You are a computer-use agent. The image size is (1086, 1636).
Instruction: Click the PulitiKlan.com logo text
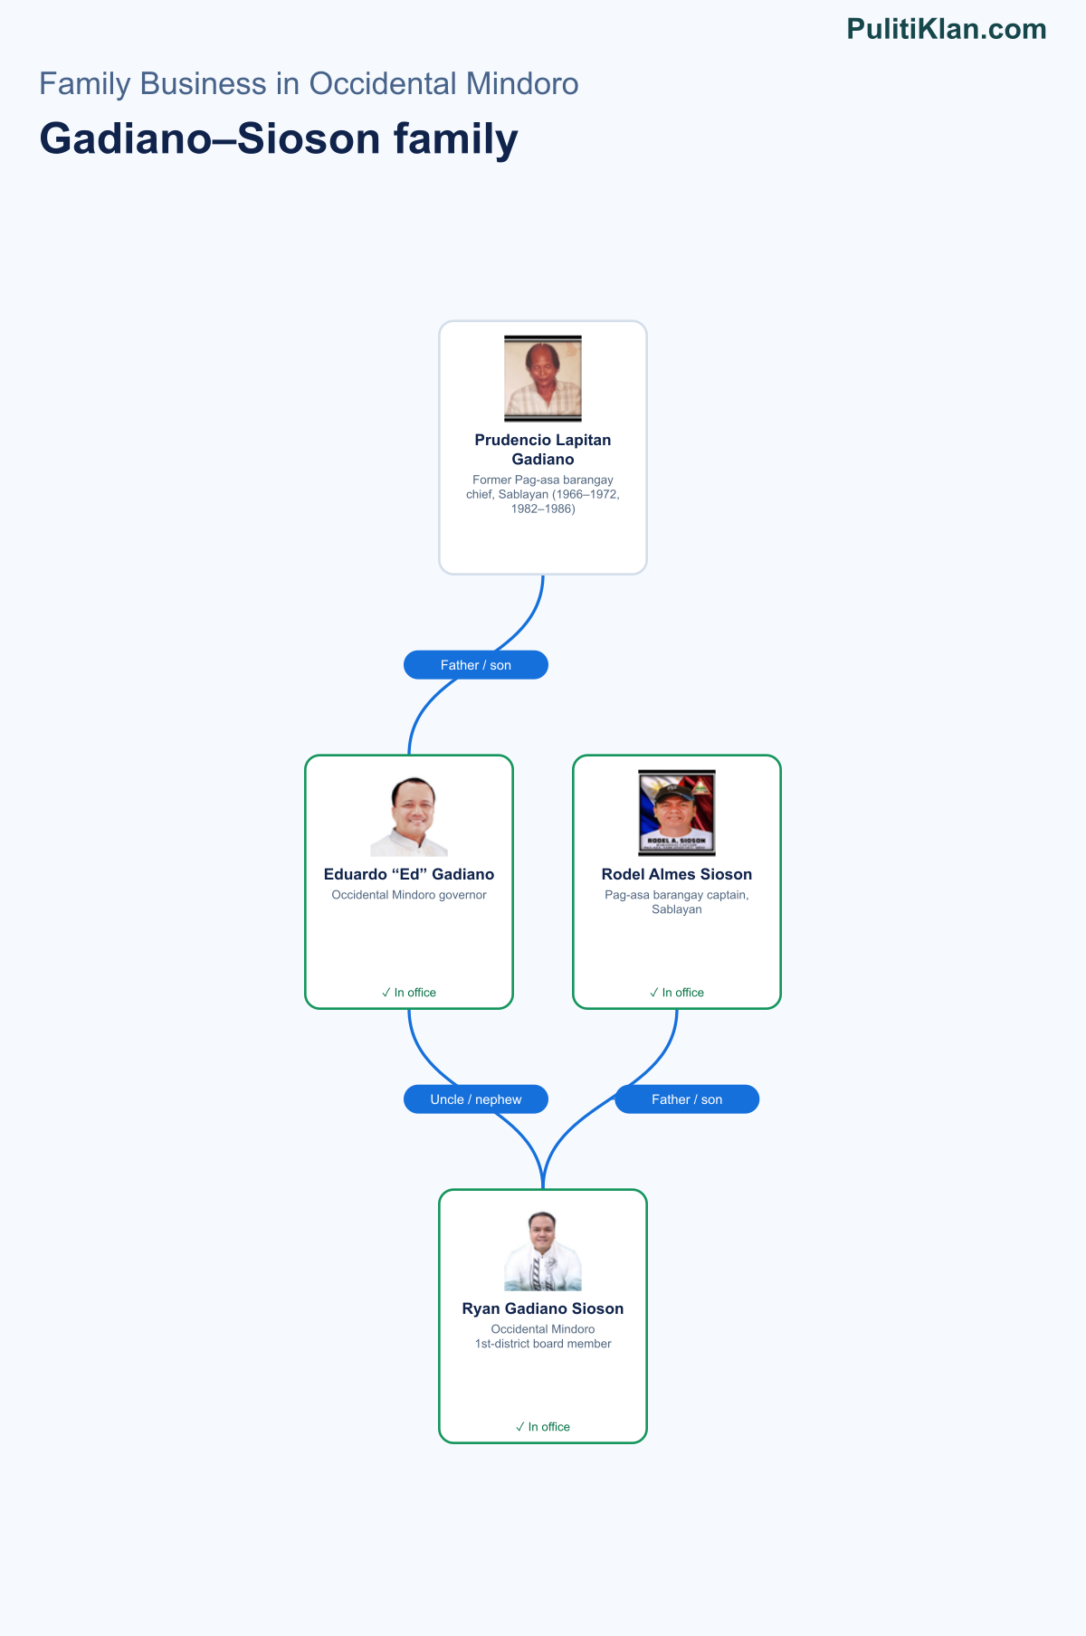[x=947, y=29]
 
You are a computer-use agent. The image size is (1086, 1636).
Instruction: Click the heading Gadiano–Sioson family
[x=279, y=139]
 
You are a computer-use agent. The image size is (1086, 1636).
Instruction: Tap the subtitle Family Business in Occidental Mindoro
[x=309, y=84]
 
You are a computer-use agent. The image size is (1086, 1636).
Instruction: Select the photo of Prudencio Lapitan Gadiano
[x=543, y=378]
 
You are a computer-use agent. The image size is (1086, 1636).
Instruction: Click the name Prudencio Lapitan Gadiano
[x=543, y=450]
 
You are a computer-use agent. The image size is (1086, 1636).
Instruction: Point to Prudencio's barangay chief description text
[x=543, y=494]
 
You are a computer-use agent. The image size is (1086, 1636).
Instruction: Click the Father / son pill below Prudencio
[x=476, y=665]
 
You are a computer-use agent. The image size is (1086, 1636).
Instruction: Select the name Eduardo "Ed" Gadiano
[x=409, y=874]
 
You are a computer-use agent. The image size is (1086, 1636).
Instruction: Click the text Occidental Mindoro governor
[x=409, y=895]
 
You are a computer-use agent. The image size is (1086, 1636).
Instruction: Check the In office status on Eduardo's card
[x=409, y=993]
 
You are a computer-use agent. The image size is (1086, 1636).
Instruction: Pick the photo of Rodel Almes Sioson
[x=677, y=813]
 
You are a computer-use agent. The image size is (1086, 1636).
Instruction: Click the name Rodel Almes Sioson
[x=677, y=874]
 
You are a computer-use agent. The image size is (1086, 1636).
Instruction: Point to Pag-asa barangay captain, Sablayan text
[x=677, y=902]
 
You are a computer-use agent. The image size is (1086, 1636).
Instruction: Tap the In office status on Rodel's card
[x=677, y=993]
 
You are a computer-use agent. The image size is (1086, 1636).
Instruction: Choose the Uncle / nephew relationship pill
[x=476, y=1099]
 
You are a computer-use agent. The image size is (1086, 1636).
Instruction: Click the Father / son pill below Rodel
[x=687, y=1099]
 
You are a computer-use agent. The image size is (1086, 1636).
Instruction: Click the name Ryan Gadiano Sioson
[x=543, y=1308]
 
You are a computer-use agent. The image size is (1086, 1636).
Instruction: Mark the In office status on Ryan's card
[x=543, y=1427]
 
